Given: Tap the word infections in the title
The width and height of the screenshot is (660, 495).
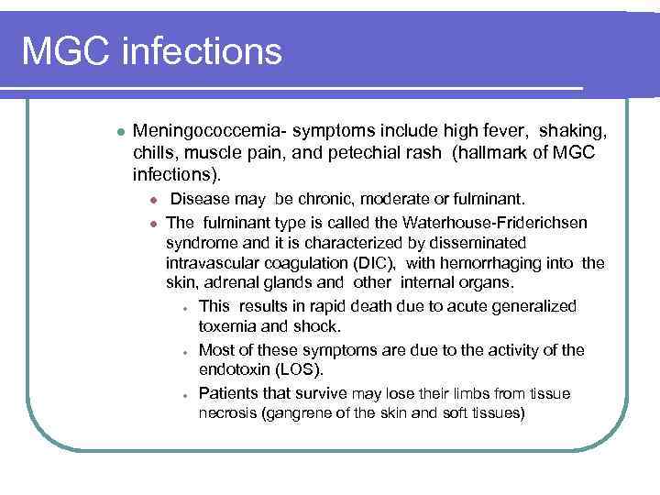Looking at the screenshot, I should pyautogui.click(x=199, y=51).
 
